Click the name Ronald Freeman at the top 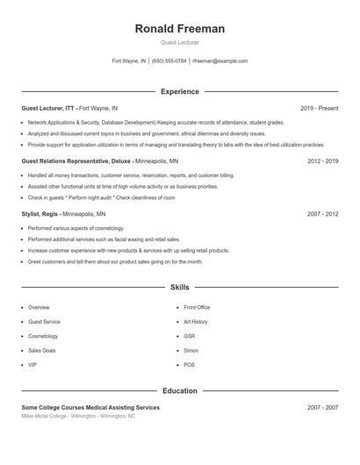point(179,29)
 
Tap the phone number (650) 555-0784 point(169,61)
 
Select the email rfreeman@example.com point(220,61)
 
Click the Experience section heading point(179,91)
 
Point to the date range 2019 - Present point(319,108)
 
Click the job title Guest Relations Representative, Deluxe point(76,161)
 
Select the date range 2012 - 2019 point(322,161)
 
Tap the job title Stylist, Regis point(40,213)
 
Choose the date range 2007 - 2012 point(322,213)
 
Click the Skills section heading point(179,287)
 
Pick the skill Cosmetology point(43,336)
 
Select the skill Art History point(195,322)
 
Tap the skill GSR point(190,336)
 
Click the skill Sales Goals point(42,350)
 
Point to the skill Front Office point(197,308)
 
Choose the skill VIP point(32,364)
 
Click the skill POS point(189,364)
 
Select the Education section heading point(179,391)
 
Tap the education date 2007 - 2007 point(322,408)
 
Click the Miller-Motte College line point(78,417)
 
